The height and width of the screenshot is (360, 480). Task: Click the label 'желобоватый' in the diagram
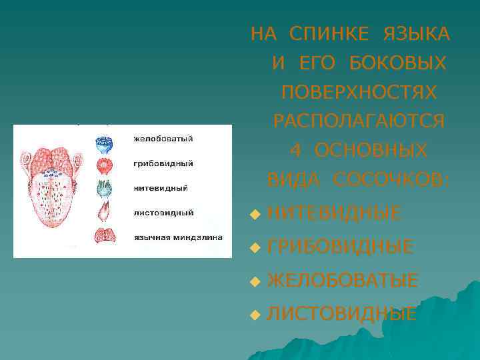coord(163,139)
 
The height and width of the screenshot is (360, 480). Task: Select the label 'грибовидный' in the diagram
coord(163,163)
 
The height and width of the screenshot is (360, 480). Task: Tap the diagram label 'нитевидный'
coord(161,188)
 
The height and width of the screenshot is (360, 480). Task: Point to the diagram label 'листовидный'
coord(163,213)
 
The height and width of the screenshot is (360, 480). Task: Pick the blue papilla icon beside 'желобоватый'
coord(105,142)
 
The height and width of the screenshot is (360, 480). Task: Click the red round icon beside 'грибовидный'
coord(105,165)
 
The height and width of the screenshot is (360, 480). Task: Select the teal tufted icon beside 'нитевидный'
coord(105,189)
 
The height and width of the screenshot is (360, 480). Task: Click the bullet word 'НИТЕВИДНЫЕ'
coord(334,213)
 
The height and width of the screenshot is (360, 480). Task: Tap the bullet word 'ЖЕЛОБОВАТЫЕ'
coord(343,281)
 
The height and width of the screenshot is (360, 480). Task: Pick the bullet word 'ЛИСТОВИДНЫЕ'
coord(342,313)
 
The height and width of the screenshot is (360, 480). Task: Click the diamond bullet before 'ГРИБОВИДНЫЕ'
coord(254,248)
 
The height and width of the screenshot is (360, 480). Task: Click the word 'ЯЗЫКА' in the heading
coord(416,33)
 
